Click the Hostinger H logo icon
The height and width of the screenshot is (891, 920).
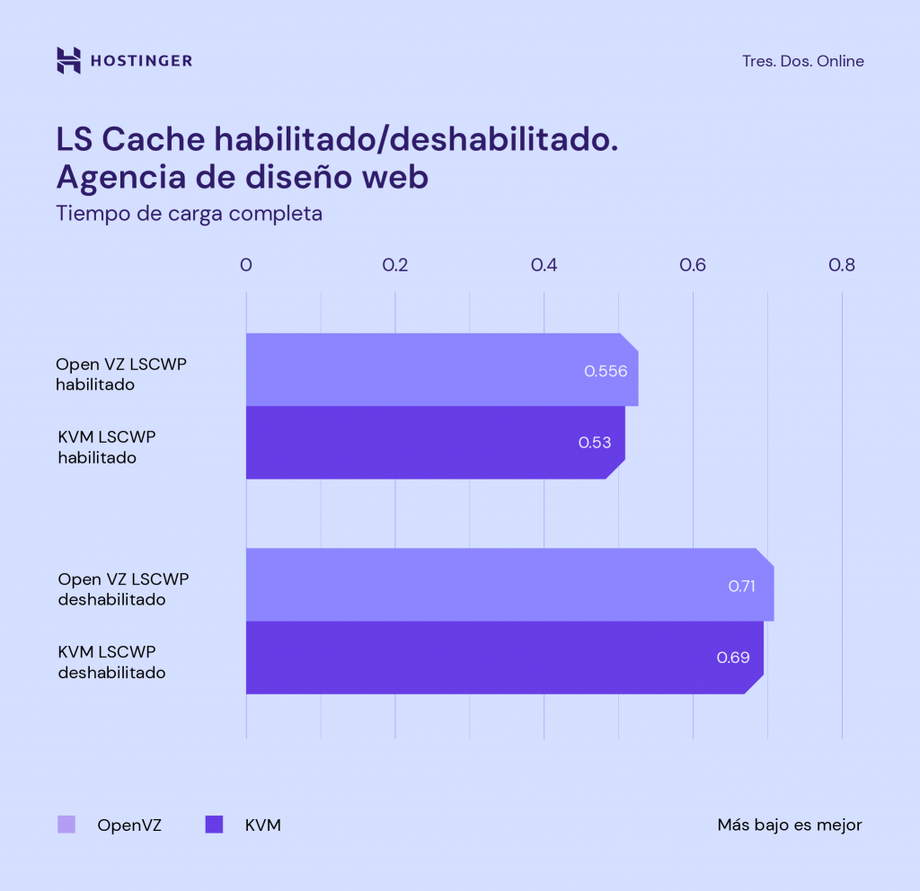tap(68, 60)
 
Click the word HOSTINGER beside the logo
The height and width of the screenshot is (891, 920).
tap(141, 61)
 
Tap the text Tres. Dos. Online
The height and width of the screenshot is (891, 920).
tap(802, 61)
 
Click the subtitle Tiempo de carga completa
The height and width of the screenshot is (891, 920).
tap(189, 214)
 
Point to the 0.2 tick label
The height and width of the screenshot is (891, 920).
tap(395, 265)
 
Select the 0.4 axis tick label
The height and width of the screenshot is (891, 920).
tap(544, 265)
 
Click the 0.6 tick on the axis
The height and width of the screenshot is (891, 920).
tap(693, 265)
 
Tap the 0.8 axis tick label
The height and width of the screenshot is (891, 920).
tap(842, 265)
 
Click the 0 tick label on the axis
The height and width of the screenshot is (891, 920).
tap(246, 265)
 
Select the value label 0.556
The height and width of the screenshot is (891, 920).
tap(605, 371)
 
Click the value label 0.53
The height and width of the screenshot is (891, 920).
tap(594, 443)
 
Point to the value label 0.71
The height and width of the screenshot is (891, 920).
tap(742, 586)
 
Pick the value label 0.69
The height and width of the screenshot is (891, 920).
tap(732, 657)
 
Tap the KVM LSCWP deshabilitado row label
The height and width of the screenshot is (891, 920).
tap(111, 661)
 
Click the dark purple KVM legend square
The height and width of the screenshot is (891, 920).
tap(214, 825)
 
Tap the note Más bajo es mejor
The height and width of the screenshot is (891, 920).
tap(789, 825)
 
